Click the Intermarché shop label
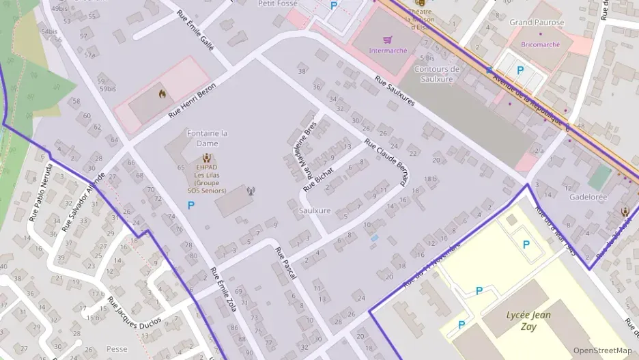388,51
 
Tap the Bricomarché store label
539,44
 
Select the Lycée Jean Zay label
528,320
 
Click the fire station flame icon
162,94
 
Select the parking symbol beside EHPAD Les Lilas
190,204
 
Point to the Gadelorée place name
588,197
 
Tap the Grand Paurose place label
537,23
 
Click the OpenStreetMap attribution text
602,350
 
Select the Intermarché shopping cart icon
388,40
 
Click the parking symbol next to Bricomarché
520,70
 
